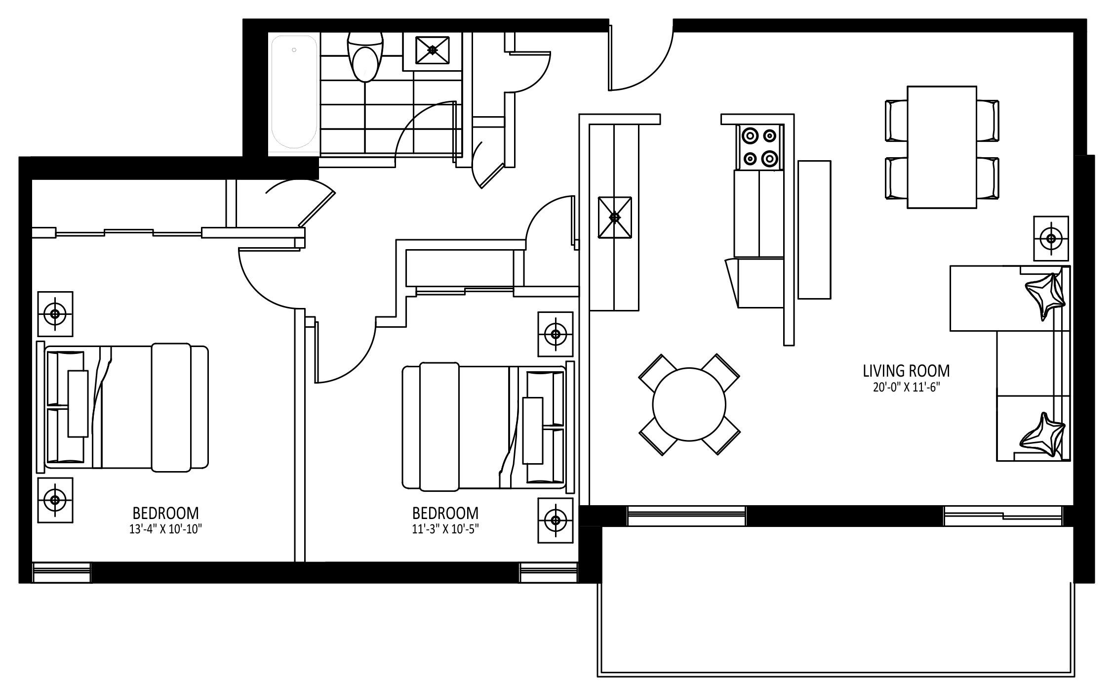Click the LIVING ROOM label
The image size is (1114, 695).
click(906, 371)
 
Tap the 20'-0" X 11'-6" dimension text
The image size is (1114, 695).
click(906, 388)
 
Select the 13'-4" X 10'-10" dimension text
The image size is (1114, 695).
click(166, 529)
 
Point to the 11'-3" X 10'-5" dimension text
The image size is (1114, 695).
click(445, 529)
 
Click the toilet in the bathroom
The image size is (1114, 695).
click(365, 57)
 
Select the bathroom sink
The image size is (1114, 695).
click(433, 50)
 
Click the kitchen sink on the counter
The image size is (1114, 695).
click(614, 217)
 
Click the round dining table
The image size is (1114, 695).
click(689, 404)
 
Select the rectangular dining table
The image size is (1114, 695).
click(942, 147)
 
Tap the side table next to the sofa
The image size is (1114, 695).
click(1051, 239)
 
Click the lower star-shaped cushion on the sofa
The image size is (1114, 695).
click(1043, 436)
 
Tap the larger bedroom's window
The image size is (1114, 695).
click(62, 573)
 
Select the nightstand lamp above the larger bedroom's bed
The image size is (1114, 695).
click(55, 314)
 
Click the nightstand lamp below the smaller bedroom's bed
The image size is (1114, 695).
click(556, 521)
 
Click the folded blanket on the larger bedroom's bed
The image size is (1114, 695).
click(171, 407)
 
